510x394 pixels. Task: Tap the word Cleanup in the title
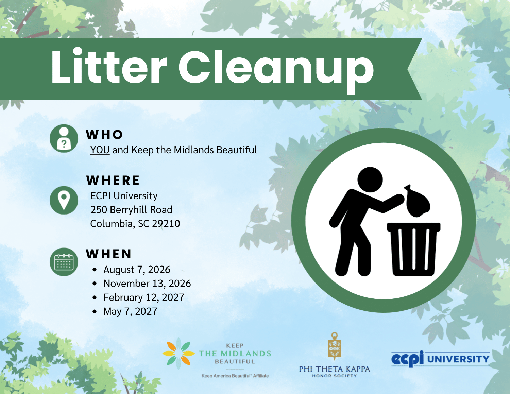[276, 70]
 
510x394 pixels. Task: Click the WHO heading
[104, 135]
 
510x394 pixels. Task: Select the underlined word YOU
[100, 150]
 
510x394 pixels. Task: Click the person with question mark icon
[64, 138]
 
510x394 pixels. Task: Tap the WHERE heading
[113, 180]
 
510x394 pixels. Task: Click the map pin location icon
[64, 200]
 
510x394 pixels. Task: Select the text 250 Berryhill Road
[131, 210]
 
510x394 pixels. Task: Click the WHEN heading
[109, 254]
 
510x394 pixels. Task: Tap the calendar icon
[64, 262]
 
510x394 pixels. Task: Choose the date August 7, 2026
[137, 270]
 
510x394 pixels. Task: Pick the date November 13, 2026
[147, 284]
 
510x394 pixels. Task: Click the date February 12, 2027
[143, 297]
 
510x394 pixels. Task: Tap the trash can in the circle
[413, 249]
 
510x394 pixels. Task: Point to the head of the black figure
[370, 180]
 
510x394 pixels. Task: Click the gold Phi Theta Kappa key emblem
[335, 346]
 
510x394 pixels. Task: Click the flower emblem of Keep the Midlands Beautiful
[178, 353]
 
